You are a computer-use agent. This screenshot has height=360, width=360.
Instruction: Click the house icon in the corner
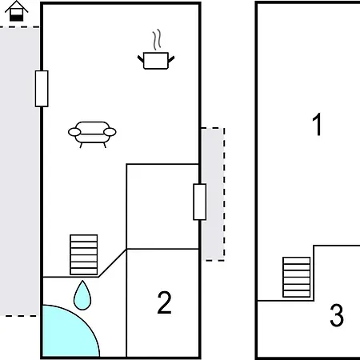coord(17,11)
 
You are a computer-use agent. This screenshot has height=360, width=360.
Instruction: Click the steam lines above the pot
coord(157,39)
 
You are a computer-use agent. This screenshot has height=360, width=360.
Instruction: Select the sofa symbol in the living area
coord(92,134)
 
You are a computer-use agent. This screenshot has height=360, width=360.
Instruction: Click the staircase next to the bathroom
coord(84,254)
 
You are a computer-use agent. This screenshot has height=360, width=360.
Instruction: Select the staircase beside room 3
coord(297,277)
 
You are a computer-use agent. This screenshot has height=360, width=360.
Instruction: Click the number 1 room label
coord(318,124)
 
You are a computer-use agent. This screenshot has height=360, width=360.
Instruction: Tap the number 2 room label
coord(164,302)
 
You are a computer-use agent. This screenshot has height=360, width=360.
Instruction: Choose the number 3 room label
coord(337,315)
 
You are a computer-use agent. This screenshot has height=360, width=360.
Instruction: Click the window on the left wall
coord(42,89)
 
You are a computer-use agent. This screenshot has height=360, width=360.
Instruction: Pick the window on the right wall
coord(200,202)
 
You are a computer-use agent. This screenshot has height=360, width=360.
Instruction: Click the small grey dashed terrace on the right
coord(213,194)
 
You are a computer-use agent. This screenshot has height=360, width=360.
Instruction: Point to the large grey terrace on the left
coord(20,171)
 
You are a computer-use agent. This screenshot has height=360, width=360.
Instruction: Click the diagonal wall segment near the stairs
coord(113,263)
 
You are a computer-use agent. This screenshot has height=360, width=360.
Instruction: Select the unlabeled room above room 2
coord(162,206)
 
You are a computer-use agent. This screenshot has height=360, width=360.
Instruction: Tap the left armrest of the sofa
coord(74,132)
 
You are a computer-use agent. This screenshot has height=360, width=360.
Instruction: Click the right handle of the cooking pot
coord(171,59)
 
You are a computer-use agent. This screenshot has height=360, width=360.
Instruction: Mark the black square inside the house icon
coord(17,18)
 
